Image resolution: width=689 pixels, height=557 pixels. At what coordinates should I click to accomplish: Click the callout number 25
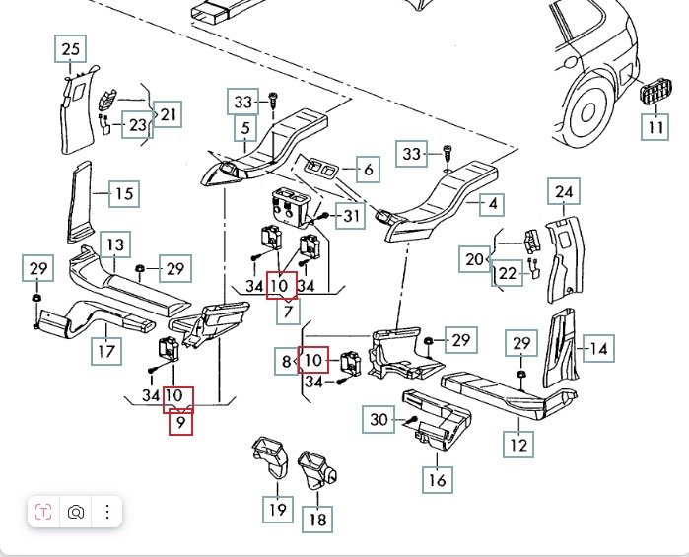[70, 49]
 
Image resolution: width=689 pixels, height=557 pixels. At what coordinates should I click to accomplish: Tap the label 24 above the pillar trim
[564, 192]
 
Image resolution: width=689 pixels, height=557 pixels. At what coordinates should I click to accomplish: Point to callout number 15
[123, 193]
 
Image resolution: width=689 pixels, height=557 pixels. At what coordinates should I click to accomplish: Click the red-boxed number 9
[179, 424]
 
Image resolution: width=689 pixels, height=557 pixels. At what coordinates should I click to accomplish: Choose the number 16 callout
[368, 170]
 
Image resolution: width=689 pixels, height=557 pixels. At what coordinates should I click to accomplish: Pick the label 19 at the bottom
[278, 509]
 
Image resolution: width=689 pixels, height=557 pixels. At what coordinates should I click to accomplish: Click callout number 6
[368, 170]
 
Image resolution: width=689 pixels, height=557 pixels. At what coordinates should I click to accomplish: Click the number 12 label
[519, 445]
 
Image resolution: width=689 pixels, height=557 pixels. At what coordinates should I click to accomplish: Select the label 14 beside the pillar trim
[597, 347]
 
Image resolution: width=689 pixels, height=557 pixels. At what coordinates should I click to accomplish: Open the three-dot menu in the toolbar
[106, 512]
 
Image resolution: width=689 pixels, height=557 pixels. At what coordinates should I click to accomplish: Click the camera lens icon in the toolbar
[75, 512]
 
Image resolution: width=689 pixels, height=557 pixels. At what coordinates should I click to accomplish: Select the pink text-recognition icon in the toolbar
[43, 512]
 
